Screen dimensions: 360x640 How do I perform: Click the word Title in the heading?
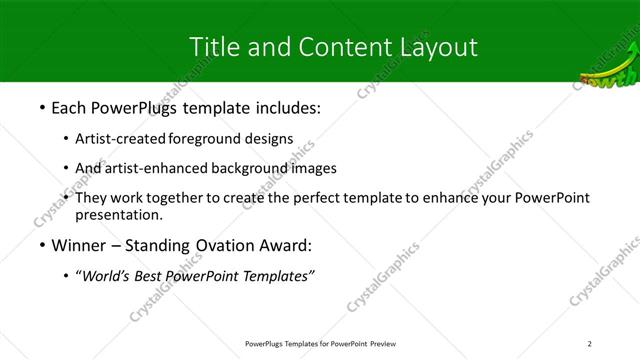point(212,47)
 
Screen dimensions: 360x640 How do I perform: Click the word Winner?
point(80,245)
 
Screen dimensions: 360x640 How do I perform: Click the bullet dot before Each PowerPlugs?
point(41,107)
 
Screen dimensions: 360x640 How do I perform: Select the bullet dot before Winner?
point(41,245)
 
